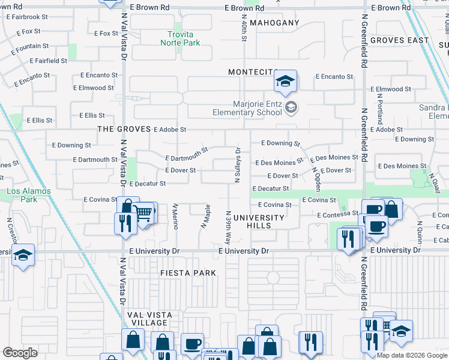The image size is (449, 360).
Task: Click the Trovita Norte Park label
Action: (179, 38)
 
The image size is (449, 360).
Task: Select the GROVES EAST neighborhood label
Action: (400, 40)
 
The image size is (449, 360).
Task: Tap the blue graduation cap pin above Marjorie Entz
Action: (285, 81)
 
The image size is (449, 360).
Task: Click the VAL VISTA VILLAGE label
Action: (148, 319)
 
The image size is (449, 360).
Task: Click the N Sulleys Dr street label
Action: (237, 165)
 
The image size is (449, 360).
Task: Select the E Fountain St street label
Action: (25, 46)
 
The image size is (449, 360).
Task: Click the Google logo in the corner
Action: (20, 353)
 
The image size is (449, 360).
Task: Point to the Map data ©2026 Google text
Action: (412, 355)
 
